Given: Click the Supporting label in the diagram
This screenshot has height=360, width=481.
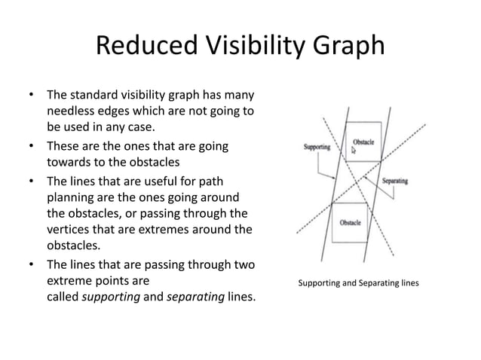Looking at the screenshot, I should click(316, 147).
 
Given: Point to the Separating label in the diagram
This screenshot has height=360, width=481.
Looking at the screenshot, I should click(396, 182).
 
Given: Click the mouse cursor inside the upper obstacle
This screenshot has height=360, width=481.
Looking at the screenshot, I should click(354, 151).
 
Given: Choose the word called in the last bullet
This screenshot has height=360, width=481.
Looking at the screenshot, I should click(63, 297).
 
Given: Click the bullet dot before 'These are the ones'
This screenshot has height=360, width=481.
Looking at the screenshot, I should click(31, 145).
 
